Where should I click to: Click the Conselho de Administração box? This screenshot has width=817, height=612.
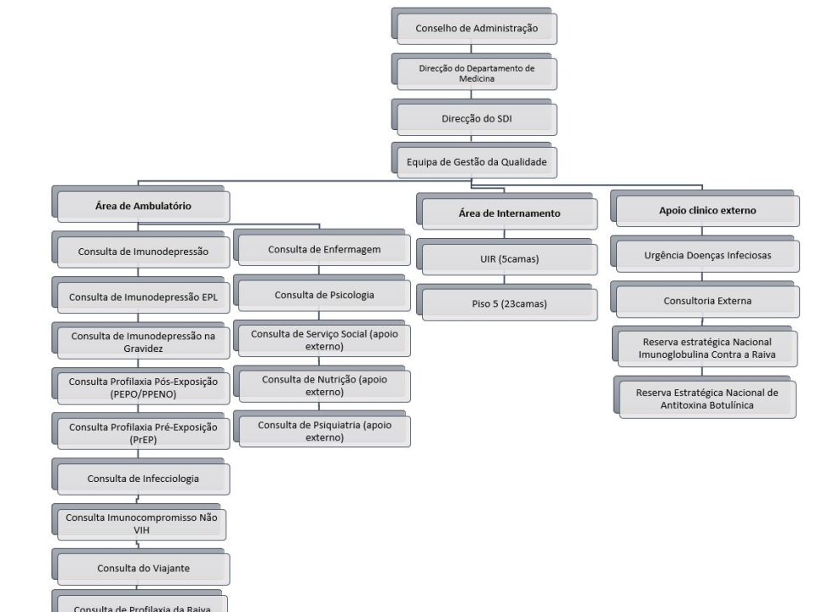(474, 26)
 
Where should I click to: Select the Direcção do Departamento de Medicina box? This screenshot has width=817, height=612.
(474, 71)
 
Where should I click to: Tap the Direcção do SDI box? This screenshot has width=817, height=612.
(474, 117)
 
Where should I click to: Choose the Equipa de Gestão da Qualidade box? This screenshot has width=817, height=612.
(474, 161)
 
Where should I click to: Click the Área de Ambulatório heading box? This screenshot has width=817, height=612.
(140, 204)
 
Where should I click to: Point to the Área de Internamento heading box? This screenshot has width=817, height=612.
(507, 212)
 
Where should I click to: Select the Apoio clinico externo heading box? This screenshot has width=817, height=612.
(705, 209)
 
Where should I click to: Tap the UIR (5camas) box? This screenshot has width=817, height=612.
(507, 257)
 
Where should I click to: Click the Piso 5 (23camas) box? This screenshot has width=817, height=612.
(507, 303)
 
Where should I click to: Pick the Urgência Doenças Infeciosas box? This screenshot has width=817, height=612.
(705, 254)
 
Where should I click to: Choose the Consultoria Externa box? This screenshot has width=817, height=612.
(705, 299)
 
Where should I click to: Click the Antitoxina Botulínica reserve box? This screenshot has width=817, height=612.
(705, 397)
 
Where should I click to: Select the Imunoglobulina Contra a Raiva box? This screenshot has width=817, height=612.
(705, 347)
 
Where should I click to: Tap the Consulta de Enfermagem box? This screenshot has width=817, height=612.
(322, 247)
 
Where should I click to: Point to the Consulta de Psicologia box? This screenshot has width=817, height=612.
(322, 293)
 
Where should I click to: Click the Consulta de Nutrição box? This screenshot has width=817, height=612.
(322, 384)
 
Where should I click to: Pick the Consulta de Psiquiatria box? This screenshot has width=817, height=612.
(322, 429)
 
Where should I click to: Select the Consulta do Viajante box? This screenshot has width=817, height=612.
(140, 567)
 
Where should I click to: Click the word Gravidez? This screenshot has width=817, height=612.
(143, 348)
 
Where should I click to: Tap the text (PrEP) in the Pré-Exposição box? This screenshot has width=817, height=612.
(143, 439)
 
